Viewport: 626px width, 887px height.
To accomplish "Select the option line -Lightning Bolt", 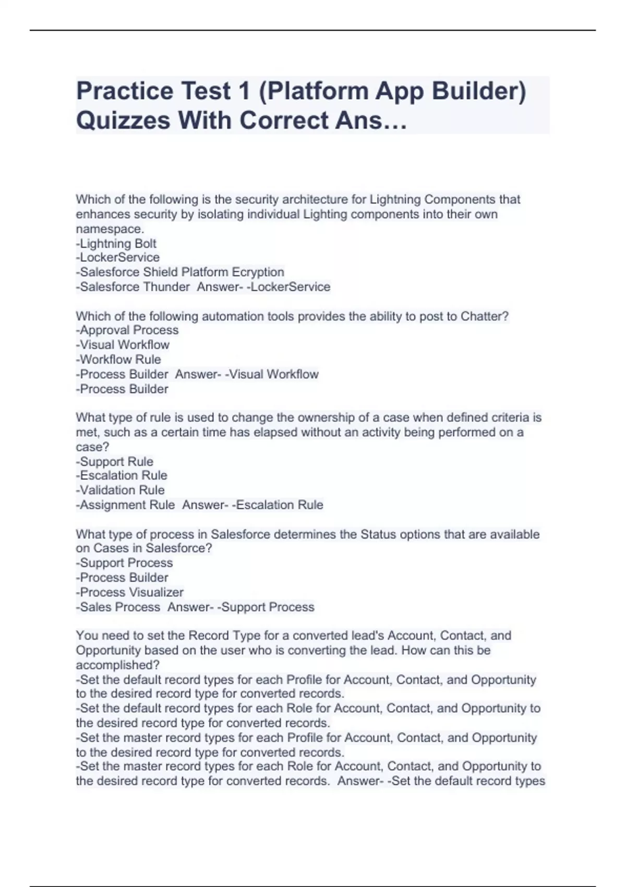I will pyautogui.click(x=116, y=244).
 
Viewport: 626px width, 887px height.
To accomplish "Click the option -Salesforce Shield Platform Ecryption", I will pyautogui.click(x=180, y=272).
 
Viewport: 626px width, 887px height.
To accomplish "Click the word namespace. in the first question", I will pyautogui.click(x=110, y=229).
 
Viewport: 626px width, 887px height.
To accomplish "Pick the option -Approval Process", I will pyautogui.click(x=127, y=330).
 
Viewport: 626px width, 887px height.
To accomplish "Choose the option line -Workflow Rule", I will pyautogui.click(x=118, y=359).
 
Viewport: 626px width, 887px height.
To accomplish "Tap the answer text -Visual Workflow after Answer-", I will pyautogui.click(x=272, y=375).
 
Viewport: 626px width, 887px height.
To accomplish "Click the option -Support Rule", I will pyautogui.click(x=115, y=462).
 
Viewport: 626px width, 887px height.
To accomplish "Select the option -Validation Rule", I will pyautogui.click(x=120, y=490).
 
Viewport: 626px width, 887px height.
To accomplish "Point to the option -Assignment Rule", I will pyautogui.click(x=125, y=505).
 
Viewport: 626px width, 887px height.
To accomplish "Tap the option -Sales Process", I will pyautogui.click(x=118, y=607).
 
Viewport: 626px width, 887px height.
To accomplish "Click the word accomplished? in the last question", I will pyautogui.click(x=118, y=665).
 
